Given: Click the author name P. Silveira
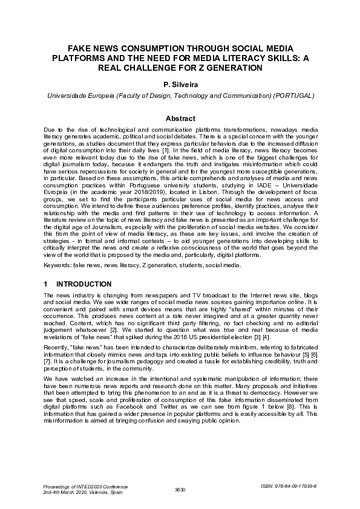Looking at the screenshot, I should point(180,86).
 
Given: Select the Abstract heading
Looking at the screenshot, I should point(180,118).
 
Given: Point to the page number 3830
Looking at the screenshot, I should point(180,488).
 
